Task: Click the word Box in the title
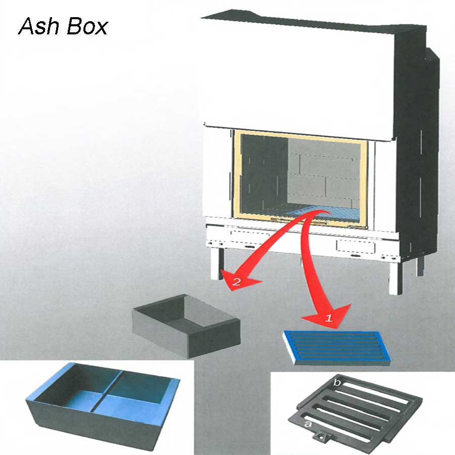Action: (86, 26)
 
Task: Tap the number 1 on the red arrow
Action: (328, 318)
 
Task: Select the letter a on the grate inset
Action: (307, 424)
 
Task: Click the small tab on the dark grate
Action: (323, 435)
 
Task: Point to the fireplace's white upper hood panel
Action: (298, 76)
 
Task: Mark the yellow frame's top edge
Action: (298, 133)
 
